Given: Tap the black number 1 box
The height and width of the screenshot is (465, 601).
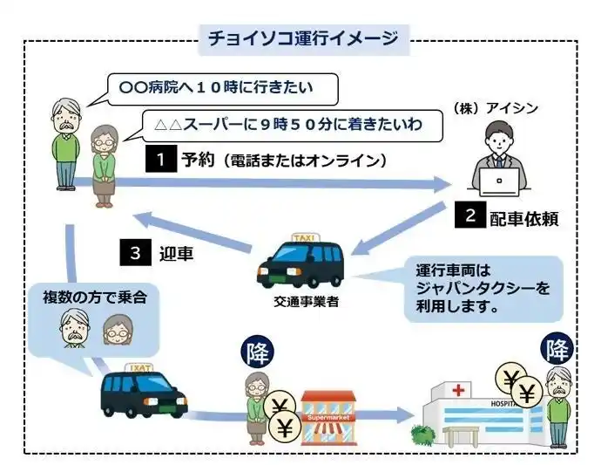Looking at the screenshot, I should pyautogui.click(x=160, y=160).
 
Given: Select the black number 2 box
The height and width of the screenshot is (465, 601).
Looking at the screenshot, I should pyautogui.click(x=470, y=215).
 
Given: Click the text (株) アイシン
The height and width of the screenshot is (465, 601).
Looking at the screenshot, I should pyautogui.click(x=496, y=108).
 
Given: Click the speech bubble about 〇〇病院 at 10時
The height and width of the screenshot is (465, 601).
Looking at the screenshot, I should pyautogui.click(x=217, y=87).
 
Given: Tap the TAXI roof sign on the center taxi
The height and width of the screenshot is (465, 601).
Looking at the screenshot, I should pyautogui.click(x=306, y=236).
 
